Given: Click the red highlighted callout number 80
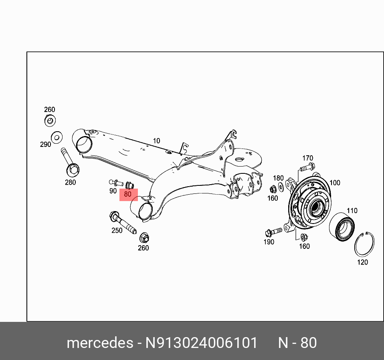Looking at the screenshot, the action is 128,195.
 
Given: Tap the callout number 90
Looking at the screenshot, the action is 113,191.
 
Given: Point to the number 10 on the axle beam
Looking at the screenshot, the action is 156,141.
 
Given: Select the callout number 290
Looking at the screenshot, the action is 45,144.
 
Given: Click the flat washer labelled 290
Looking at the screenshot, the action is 57,138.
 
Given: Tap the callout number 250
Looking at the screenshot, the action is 117,231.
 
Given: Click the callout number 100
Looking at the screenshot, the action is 334,183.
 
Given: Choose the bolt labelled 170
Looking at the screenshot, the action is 307,167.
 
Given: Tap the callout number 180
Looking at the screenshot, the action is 278,178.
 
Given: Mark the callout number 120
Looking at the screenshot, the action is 362,262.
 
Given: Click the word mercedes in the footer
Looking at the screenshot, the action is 100,343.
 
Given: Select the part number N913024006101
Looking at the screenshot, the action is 201,343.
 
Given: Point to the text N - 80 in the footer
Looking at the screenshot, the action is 297,343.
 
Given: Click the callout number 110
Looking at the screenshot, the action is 352,211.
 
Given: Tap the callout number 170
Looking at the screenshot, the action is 307,158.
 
